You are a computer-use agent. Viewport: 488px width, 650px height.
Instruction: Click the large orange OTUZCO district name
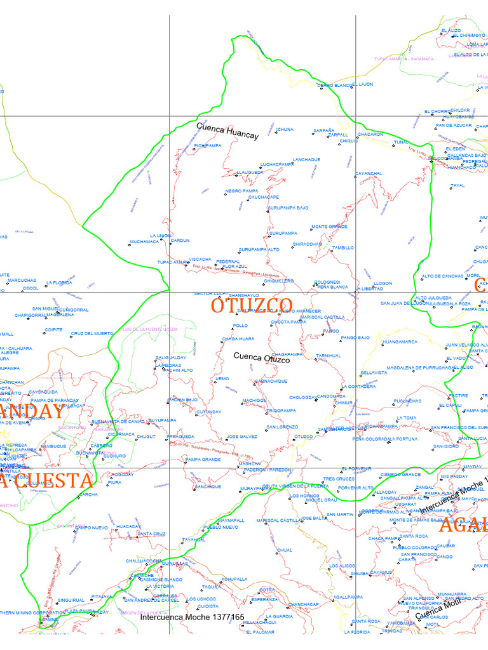252,305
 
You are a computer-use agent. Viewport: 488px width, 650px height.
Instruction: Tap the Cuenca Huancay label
227,131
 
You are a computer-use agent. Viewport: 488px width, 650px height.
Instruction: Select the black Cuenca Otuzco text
262,358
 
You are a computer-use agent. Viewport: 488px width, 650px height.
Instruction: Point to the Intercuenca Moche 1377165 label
192,617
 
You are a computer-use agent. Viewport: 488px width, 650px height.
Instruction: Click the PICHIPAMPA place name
208,145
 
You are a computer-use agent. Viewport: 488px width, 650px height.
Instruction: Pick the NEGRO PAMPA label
241,191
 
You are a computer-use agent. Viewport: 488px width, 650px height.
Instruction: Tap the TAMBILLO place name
343,248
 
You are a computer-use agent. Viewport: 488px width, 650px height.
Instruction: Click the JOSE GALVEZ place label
242,437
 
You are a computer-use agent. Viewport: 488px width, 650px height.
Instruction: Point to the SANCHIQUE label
208,486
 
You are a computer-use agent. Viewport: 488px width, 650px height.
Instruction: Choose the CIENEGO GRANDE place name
400,474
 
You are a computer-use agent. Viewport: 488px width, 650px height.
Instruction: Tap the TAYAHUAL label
194,540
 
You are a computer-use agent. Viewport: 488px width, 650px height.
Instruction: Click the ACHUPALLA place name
234,579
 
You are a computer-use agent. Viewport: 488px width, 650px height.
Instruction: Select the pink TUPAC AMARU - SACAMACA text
403,58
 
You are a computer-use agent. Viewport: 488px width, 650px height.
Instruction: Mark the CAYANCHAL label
369,173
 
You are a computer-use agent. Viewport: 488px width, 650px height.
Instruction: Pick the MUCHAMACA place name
144,242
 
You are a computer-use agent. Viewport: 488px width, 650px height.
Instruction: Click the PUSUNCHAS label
407,401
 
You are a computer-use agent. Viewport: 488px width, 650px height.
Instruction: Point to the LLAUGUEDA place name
249,172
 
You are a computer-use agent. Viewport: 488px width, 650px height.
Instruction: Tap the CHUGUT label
146,437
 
